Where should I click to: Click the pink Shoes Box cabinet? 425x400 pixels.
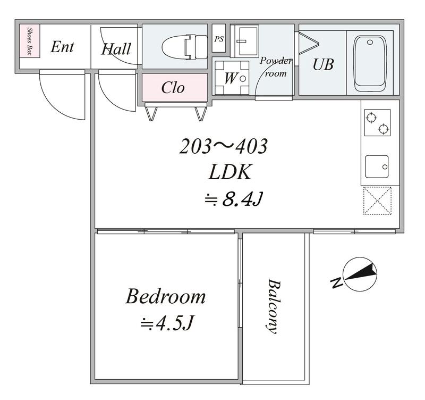tap(30, 41)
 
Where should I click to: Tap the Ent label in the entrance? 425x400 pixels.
tap(62, 47)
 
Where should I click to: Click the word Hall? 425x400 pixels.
tap(116, 49)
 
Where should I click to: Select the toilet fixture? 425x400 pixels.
tap(185, 47)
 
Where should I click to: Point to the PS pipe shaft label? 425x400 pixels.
tap(219, 39)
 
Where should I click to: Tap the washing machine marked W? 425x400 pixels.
tap(232, 77)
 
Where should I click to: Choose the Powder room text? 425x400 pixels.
tap(276, 67)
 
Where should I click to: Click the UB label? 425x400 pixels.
tap(323, 64)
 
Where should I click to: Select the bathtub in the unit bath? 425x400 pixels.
tap(370, 64)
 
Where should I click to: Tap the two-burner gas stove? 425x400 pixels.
tap(377, 123)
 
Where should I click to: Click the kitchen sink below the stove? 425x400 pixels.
tap(377, 166)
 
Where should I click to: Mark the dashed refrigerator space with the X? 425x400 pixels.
tap(377, 201)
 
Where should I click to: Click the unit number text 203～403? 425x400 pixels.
tap(223, 146)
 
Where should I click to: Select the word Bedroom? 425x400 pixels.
tap(166, 297)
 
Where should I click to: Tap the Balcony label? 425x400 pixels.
tap(273, 306)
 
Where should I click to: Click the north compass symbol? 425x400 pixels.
tap(360, 274)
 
